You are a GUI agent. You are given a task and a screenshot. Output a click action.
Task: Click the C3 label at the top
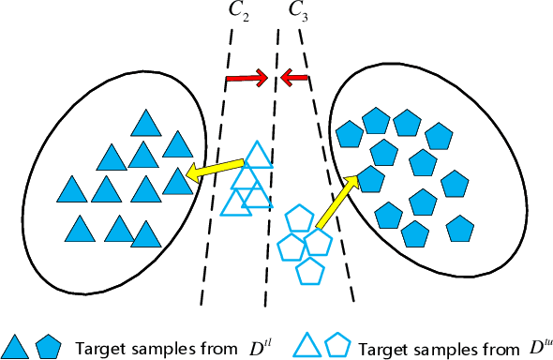pyautogui.click(x=296, y=11)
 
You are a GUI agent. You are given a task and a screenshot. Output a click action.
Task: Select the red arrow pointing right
pyautogui.click(x=247, y=80)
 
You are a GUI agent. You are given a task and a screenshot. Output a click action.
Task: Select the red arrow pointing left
pyautogui.click(x=295, y=79)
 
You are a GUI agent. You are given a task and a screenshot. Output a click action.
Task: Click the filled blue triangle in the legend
pyautogui.click(x=16, y=346)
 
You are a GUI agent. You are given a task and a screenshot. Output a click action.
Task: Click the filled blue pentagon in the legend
pyautogui.click(x=47, y=346)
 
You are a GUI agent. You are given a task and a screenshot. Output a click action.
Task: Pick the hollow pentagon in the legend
pyautogui.click(x=338, y=346)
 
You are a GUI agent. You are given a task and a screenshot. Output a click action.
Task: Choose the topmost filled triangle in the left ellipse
pyautogui.click(x=144, y=124)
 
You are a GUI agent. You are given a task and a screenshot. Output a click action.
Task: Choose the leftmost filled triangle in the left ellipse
pyautogui.click(x=71, y=188)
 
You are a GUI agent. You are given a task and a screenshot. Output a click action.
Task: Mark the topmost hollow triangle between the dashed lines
pyautogui.click(x=257, y=155)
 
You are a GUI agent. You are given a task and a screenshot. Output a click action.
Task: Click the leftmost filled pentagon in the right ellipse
pyautogui.click(x=348, y=135)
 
